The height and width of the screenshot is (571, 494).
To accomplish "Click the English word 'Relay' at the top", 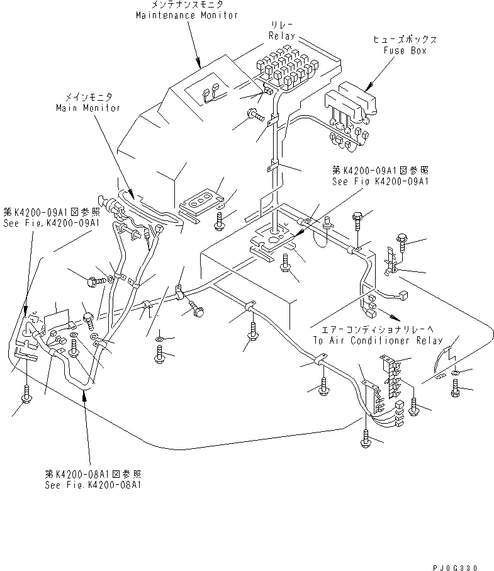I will tap(281, 37).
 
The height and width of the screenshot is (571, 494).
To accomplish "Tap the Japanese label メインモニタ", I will tap(87, 98).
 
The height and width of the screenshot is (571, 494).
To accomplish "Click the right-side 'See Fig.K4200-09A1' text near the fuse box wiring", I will tap(380, 181).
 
